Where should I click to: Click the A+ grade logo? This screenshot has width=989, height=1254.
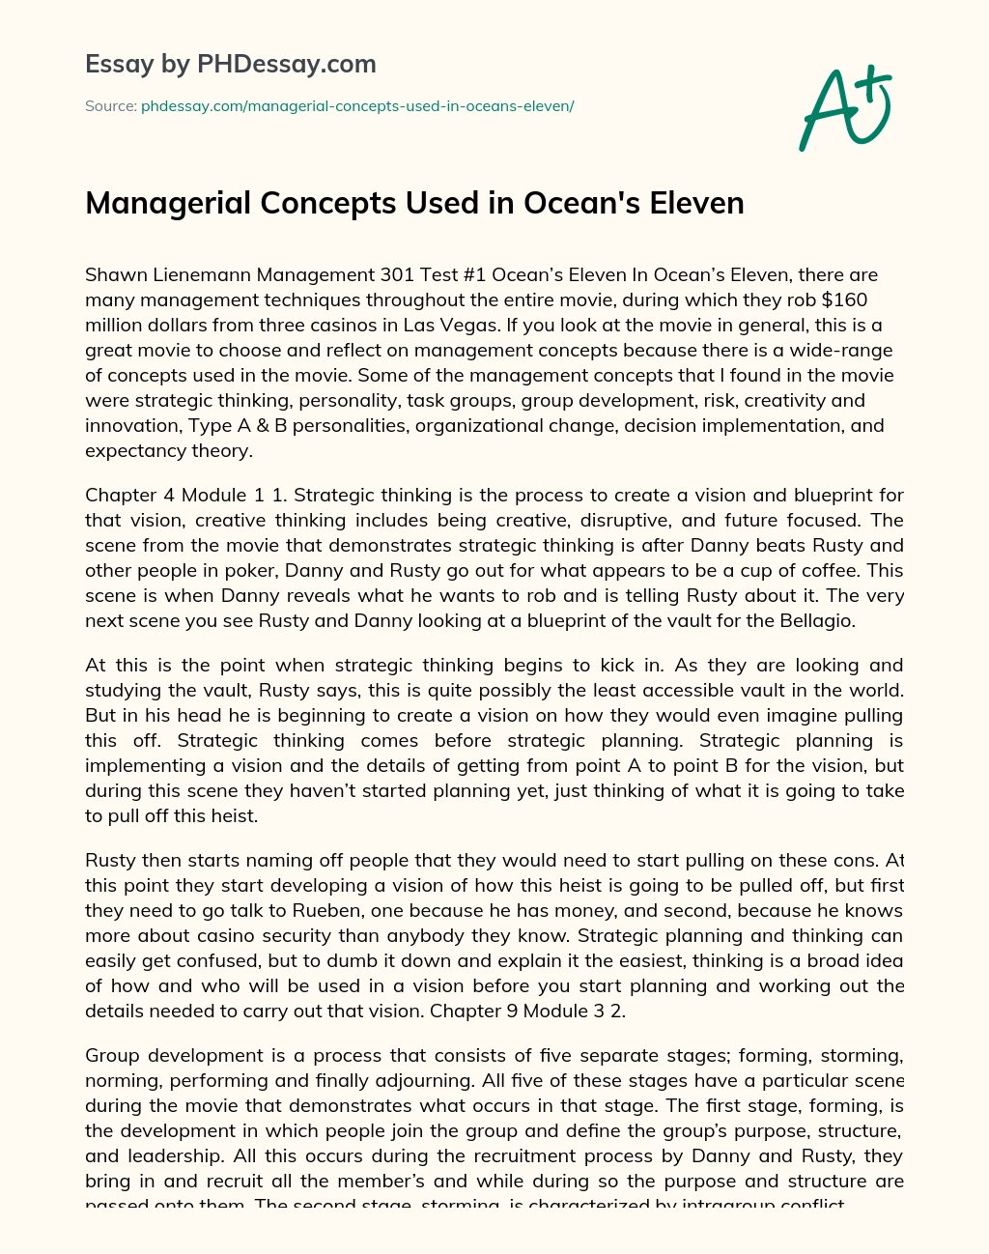(x=845, y=108)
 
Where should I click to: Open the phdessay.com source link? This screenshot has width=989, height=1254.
(x=357, y=106)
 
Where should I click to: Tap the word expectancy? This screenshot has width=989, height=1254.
(x=132, y=450)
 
